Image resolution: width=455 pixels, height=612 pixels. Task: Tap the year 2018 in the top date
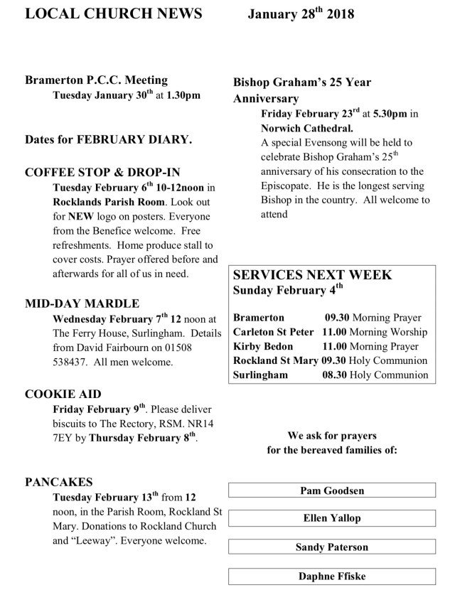338,14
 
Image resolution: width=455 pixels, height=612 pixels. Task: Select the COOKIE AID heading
63,394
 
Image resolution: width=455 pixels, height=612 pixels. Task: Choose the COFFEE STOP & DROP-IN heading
102,173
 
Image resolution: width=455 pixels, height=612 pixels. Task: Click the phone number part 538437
74,362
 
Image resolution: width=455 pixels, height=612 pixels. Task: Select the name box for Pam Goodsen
331,490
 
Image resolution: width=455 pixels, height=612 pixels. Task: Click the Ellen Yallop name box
331,518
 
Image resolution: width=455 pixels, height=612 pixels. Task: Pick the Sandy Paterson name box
331,547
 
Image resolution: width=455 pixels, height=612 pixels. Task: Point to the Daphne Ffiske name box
331,576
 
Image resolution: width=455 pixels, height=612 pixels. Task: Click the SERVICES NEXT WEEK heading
312,274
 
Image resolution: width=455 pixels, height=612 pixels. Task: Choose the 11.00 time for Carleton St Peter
335,332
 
